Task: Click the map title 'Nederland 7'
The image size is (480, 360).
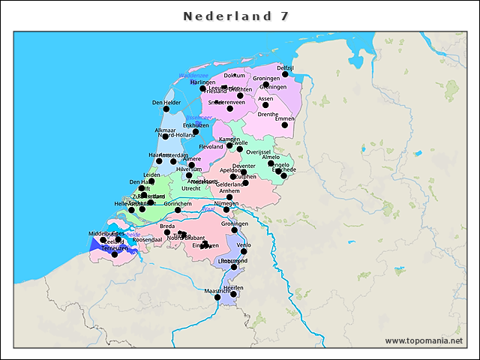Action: click(x=237, y=16)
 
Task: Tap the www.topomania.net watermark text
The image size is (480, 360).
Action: click(x=424, y=340)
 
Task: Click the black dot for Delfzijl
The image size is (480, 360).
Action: click(x=285, y=74)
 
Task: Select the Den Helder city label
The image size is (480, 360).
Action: click(x=166, y=102)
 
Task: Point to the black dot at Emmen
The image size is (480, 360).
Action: click(x=285, y=125)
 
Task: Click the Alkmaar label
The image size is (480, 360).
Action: click(x=165, y=130)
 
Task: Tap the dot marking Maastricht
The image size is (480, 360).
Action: click(x=217, y=298)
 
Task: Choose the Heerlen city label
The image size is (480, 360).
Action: click(x=233, y=288)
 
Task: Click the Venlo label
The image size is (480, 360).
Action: click(x=244, y=244)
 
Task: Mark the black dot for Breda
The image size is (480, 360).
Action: click(x=167, y=232)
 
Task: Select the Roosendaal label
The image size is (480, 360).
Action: click(x=147, y=240)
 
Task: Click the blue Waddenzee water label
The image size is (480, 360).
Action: click(x=193, y=76)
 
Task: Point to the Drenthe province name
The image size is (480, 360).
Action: click(x=268, y=115)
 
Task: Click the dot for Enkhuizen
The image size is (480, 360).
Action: click(x=196, y=132)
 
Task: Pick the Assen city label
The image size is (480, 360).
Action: click(x=265, y=98)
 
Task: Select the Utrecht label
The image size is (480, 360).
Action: click(x=190, y=189)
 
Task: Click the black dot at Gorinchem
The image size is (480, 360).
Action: click(x=178, y=210)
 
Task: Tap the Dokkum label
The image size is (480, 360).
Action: click(x=235, y=75)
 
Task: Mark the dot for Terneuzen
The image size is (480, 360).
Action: click(x=114, y=254)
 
